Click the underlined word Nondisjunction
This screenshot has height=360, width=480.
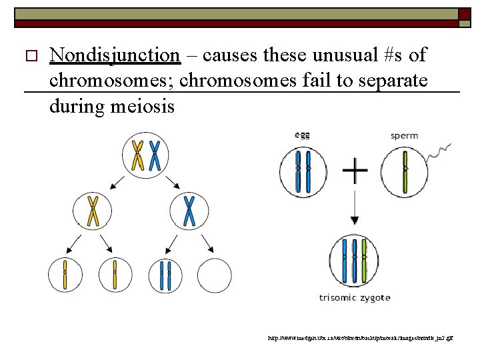click(x=115, y=56)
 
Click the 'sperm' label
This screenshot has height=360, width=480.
click(x=405, y=135)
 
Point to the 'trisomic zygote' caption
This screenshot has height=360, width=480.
click(x=354, y=297)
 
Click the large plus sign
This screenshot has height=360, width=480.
click(x=355, y=172)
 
